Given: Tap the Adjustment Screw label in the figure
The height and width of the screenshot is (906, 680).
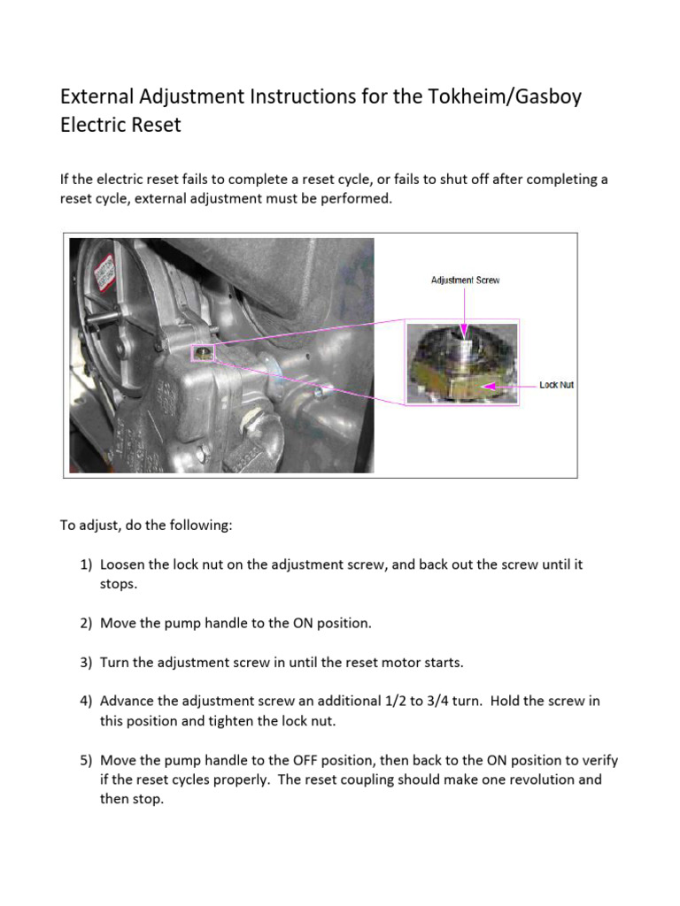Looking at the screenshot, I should point(465,280).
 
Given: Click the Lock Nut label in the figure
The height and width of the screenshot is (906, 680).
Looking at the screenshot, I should point(557,385).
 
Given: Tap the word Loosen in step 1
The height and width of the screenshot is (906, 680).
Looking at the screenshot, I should point(123,564).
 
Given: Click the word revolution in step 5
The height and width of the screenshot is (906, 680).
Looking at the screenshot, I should point(537,779).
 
